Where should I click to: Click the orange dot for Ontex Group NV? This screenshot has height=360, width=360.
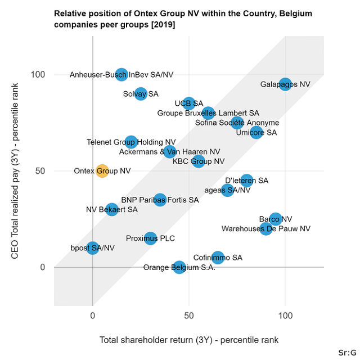pos(102,171)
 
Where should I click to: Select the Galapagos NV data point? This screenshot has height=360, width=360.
pos(285,84)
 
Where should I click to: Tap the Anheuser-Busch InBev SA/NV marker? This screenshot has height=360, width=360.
pos(121,74)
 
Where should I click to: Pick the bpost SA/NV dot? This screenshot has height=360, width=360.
pos(93,247)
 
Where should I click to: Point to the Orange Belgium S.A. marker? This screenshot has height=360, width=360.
pos(179,267)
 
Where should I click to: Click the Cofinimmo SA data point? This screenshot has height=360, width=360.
pos(218,258)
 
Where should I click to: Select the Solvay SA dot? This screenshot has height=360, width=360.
pos(141,94)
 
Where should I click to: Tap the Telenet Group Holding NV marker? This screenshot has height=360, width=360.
pos(131,142)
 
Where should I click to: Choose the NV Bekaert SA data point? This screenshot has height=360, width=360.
pos(112,209)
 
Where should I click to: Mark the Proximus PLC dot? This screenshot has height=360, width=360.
pos(150,238)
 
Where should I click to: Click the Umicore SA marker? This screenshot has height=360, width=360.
pos(256,132)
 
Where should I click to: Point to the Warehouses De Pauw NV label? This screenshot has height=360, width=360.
pos(265,229)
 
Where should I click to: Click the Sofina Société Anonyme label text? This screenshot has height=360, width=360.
pos(237,123)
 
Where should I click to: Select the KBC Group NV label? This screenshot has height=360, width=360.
pos(199,161)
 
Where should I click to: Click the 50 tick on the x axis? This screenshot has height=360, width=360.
pos(189,316)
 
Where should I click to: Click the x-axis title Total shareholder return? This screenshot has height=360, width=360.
pos(189,340)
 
